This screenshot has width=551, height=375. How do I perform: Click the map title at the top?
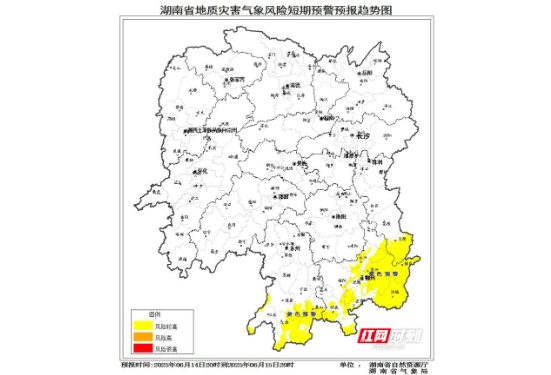coord(276,8)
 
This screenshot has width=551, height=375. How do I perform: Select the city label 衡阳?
coord(342,215)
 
